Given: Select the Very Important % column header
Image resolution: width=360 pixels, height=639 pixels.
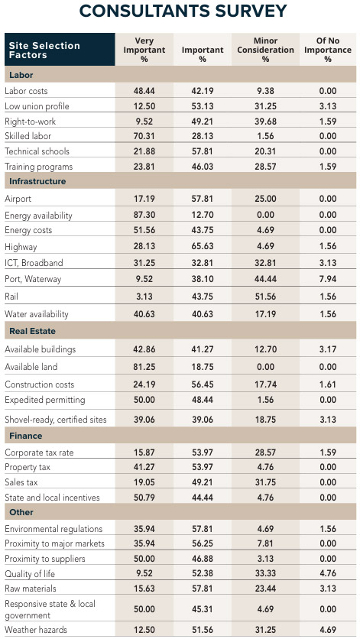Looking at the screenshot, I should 144,50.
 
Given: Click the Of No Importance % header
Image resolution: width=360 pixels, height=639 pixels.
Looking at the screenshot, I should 328,50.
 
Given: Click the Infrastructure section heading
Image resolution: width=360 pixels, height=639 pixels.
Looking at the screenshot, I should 37,181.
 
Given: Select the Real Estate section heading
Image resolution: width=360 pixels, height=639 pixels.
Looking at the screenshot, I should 31,331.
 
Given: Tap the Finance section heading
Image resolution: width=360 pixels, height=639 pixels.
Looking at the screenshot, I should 25,436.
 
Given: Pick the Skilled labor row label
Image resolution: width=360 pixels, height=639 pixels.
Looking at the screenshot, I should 28,135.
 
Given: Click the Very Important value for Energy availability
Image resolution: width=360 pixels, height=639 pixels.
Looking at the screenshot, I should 144,216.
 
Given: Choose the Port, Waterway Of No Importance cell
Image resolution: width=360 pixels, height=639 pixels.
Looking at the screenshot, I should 328,279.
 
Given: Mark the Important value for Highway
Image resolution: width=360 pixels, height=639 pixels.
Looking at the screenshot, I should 203,247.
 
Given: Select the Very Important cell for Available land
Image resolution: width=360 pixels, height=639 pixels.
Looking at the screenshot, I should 144,367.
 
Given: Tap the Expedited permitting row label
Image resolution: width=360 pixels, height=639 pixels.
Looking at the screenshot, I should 44,400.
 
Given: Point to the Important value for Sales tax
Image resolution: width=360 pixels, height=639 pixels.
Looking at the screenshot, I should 203,482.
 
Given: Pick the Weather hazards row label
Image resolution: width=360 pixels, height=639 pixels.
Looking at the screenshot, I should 36,629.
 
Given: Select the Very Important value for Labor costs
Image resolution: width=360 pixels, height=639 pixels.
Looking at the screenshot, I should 144,90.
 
